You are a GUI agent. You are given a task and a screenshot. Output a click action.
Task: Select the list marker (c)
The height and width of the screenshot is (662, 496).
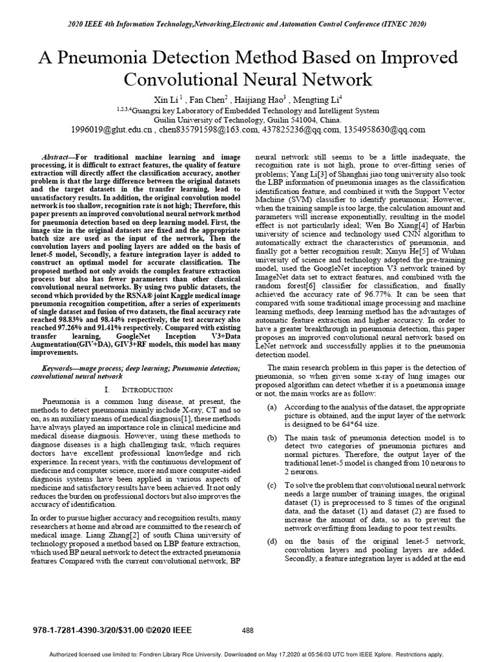[273, 484]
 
